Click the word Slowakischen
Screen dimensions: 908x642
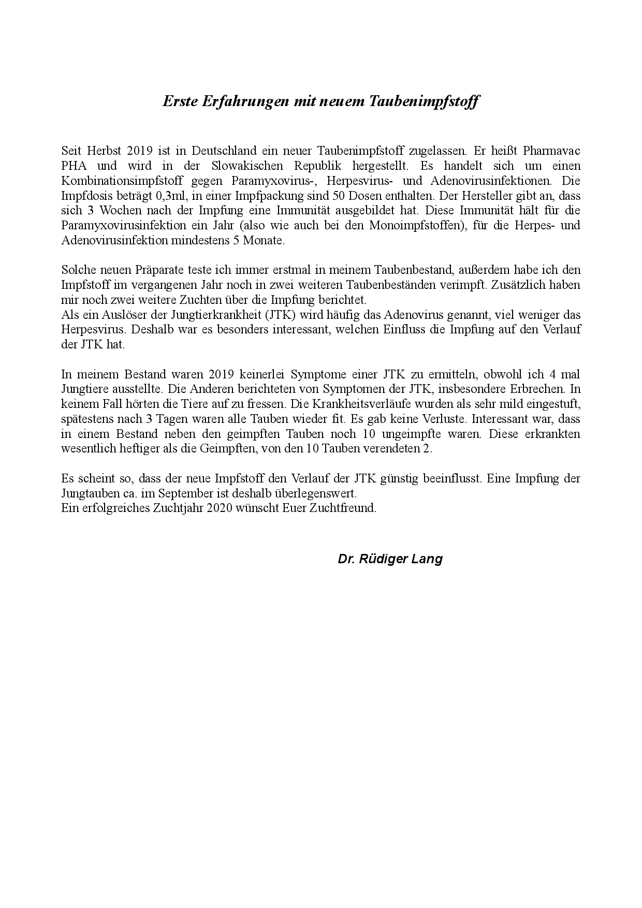pyautogui.click(x=247, y=166)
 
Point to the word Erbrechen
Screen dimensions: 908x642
pyautogui.click(x=538, y=389)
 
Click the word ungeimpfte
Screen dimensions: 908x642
pyautogui.click(x=409, y=434)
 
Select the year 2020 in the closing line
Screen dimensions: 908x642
pyautogui.click(x=220, y=508)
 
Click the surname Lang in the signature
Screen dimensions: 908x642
pyautogui.click(x=429, y=559)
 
